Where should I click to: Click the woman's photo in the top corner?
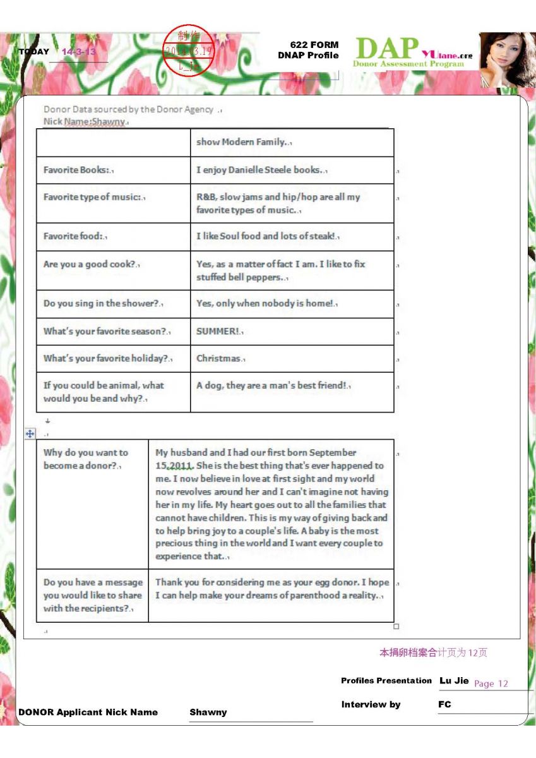coord(507,59)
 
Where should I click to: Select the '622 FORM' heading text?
coord(314,45)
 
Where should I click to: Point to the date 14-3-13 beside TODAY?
coord(79,52)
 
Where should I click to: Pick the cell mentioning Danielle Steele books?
coord(261,170)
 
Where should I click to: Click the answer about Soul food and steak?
coord(268,236)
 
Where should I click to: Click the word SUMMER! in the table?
coord(219,332)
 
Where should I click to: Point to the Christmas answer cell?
coord(220,359)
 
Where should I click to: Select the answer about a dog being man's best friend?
coord(273,385)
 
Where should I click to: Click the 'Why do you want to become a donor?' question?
coord(86,459)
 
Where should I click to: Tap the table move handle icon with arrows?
coord(29,434)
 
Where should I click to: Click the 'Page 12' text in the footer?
coord(491,683)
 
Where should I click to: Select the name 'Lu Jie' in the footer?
coord(454,680)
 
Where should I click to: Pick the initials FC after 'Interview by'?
coord(444,704)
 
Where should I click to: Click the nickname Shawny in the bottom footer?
coord(208,712)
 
